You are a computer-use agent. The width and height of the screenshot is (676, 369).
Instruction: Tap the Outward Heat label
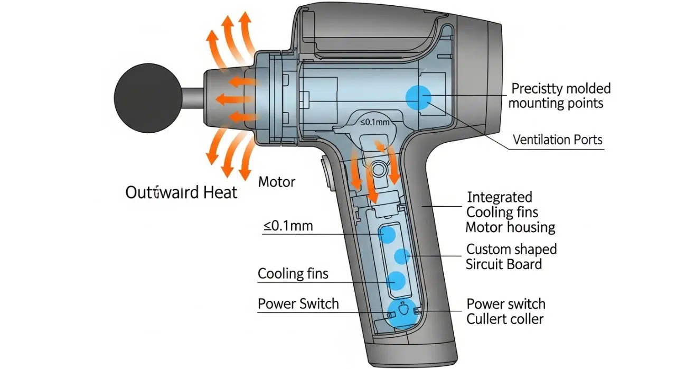[x=181, y=192]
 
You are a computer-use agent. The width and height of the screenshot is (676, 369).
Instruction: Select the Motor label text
[x=276, y=182]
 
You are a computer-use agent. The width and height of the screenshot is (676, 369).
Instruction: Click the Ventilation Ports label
[x=557, y=140]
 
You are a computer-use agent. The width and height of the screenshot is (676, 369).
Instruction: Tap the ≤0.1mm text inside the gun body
[x=374, y=122]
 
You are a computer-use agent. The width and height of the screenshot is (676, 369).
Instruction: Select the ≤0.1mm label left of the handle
[x=288, y=226]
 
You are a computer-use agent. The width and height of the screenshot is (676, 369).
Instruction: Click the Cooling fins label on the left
[x=293, y=274]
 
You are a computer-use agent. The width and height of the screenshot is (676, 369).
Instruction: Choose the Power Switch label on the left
[x=298, y=304]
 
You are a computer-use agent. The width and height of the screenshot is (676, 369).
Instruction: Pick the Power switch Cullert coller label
[x=505, y=311]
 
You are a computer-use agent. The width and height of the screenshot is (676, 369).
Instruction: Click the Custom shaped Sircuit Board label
[x=511, y=256]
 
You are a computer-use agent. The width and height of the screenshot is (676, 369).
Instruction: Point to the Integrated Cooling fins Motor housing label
[x=510, y=213]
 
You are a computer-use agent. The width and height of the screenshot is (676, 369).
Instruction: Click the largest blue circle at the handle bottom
[x=402, y=312]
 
